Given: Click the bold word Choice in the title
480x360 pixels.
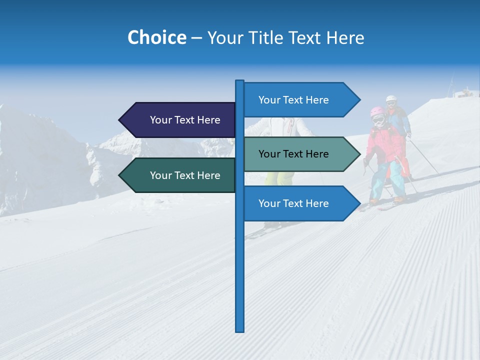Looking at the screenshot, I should pos(156,37).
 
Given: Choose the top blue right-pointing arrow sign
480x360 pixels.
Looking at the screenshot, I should pos(297,100).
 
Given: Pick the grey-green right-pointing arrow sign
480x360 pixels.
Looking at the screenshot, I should pos(297,154).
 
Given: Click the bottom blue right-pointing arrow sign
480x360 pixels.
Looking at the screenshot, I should pos(297,203).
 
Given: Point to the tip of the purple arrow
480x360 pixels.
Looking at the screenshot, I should pos(120,120).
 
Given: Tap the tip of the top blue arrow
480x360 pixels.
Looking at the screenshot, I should pos(359,100).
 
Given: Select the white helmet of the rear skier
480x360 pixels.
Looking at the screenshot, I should pos(391,98).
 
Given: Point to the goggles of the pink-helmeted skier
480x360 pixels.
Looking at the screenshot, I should pos(378,120).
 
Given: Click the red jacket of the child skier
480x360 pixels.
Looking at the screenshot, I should pos(385,145).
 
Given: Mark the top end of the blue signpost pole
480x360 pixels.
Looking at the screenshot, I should pos(240,81).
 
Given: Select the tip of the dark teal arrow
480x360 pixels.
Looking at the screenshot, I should pos(120,175).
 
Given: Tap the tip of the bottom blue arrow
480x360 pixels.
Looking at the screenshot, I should pos(359,203).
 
